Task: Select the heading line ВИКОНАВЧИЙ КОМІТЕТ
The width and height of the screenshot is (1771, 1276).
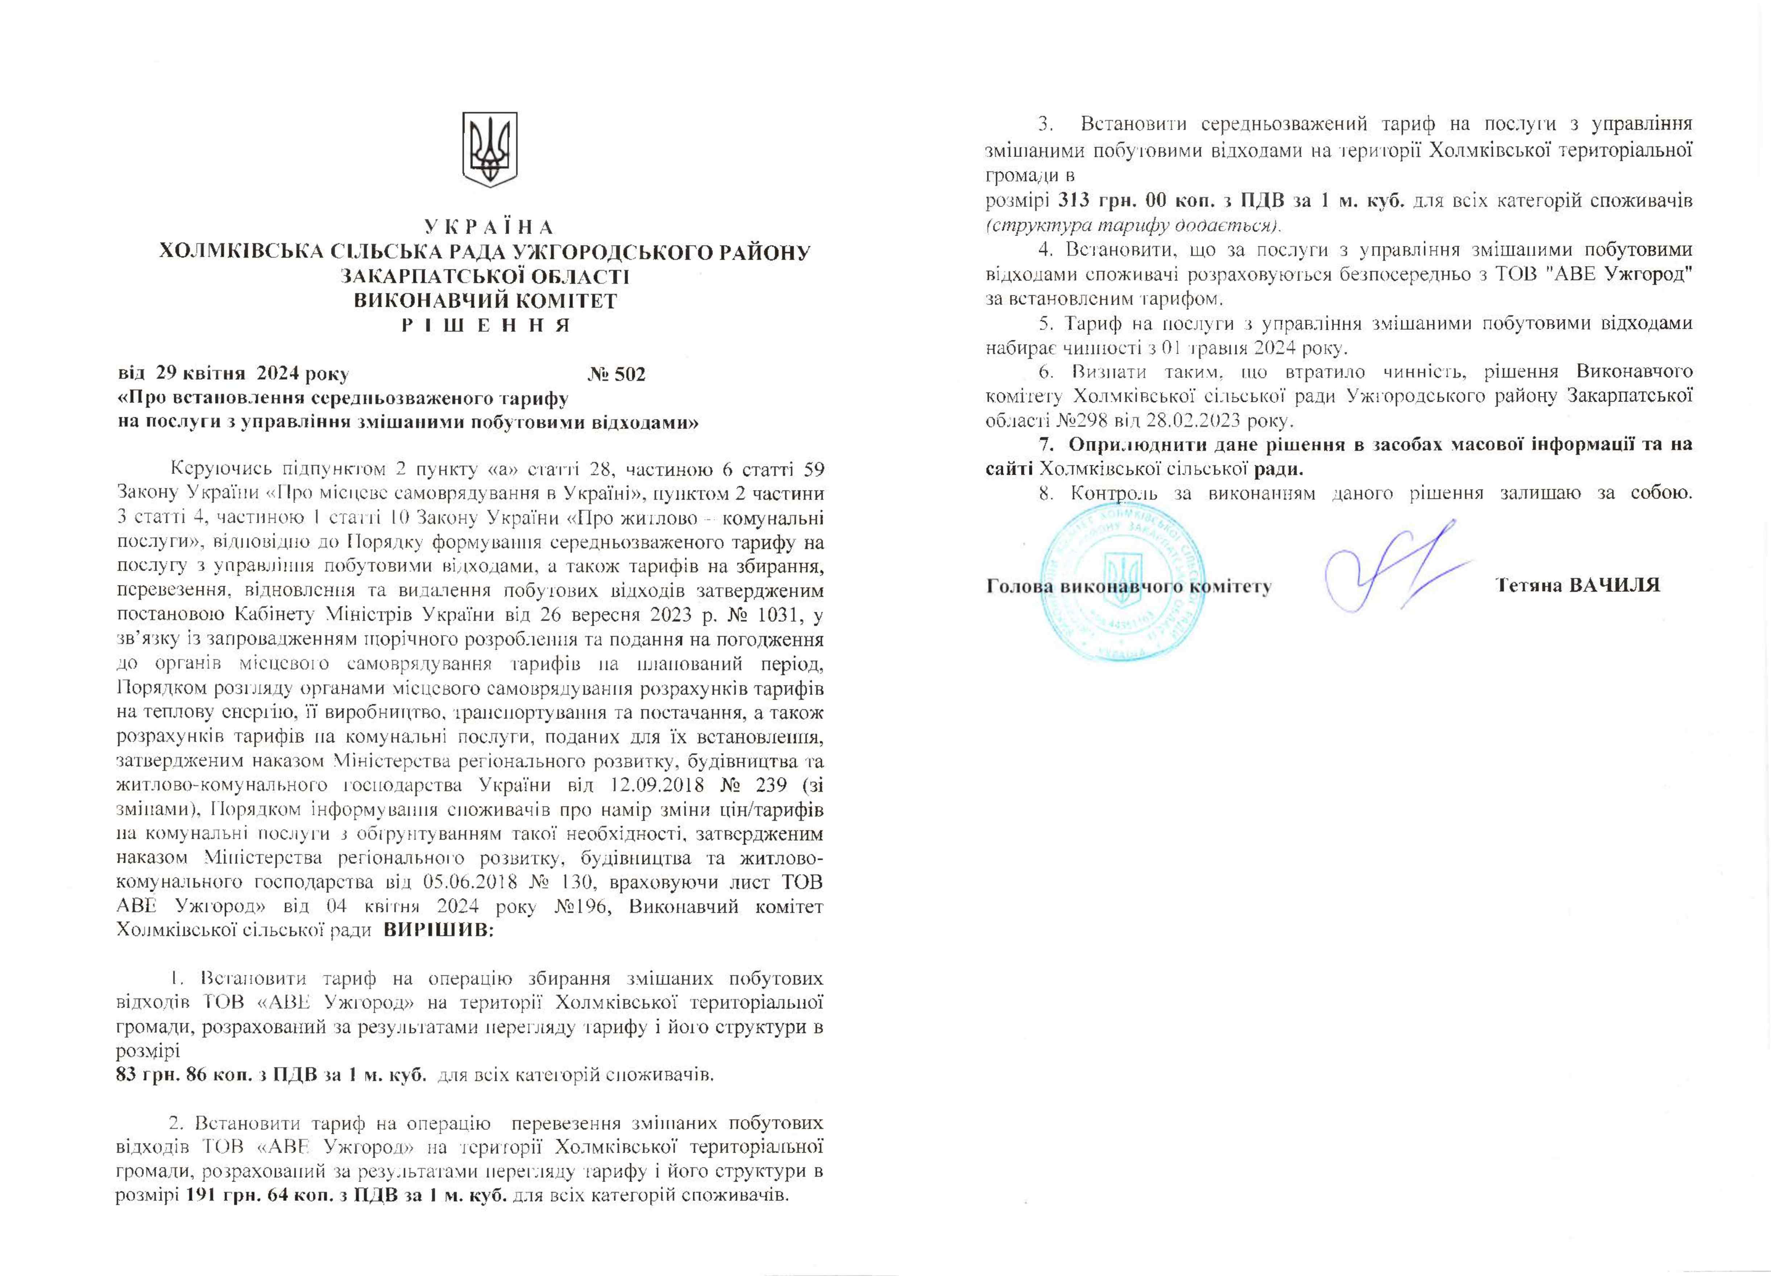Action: (x=486, y=301)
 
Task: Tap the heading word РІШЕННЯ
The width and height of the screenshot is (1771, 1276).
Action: (x=486, y=325)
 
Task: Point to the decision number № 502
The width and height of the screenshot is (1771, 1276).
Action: (x=617, y=374)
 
